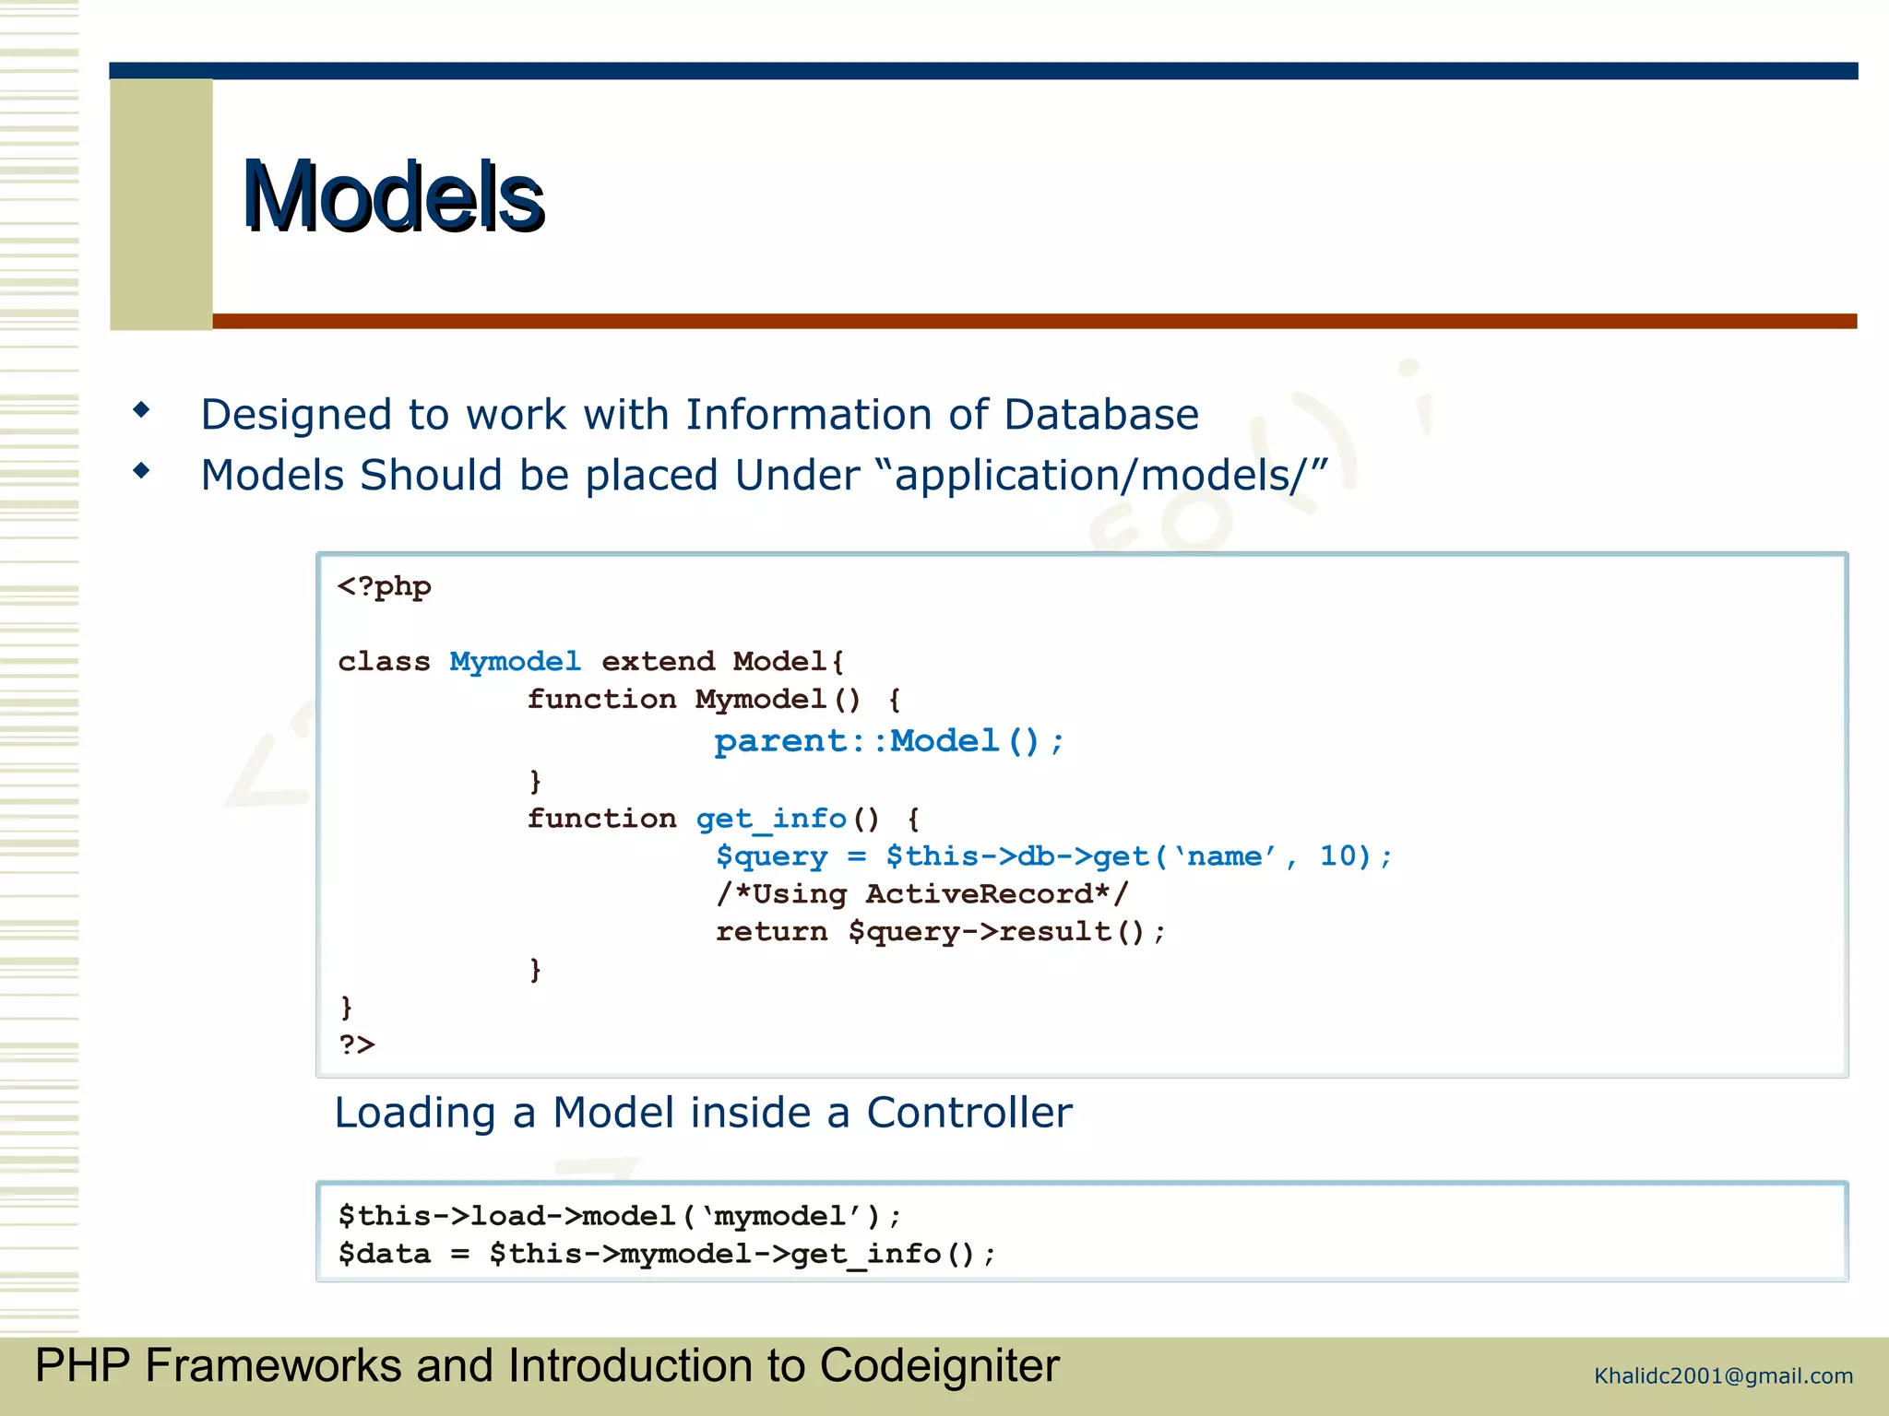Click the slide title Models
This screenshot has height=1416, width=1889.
[x=393, y=196]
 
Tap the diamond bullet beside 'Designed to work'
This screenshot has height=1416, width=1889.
[x=141, y=409]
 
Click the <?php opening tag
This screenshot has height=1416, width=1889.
[x=384, y=587]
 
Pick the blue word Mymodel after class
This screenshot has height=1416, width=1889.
[x=515, y=662]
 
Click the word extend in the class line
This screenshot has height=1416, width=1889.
[x=658, y=662]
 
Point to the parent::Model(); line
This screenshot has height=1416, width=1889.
[x=888, y=741]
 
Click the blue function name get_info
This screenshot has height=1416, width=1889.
[x=770, y=819]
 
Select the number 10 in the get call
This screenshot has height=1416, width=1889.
[x=1337, y=855]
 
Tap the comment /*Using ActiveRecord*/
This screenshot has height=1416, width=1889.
[x=921, y=893]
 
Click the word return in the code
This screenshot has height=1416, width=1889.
[x=771, y=931]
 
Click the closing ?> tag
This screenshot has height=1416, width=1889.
[x=357, y=1044]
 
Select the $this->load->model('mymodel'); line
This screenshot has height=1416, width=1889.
[x=619, y=1216]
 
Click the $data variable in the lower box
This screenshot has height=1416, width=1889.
[x=384, y=1254]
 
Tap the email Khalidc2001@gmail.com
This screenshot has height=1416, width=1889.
[x=1723, y=1376]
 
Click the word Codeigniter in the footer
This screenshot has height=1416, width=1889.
[x=939, y=1365]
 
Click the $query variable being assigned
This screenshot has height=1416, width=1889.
[x=771, y=856]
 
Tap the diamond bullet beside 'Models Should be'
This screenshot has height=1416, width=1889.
[x=141, y=470]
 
